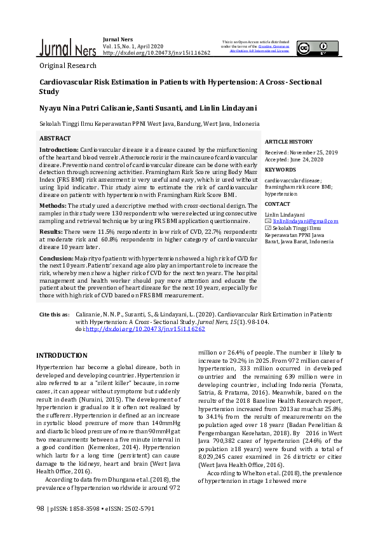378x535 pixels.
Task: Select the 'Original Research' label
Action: (x=68, y=65)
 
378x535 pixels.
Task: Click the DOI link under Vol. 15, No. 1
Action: (x=156, y=53)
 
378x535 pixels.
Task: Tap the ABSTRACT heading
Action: (x=55, y=138)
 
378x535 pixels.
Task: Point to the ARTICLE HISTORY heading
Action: (x=288, y=142)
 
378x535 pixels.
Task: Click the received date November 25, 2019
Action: (x=313, y=152)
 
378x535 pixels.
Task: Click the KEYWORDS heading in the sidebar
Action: (x=280, y=170)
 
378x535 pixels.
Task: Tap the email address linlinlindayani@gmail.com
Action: (x=305, y=221)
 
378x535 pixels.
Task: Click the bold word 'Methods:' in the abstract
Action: (x=53, y=206)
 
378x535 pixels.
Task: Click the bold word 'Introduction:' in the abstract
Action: (x=59, y=149)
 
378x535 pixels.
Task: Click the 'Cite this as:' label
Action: (x=55, y=315)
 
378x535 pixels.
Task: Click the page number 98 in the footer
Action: (x=41, y=508)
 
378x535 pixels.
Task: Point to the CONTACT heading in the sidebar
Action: (x=278, y=205)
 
